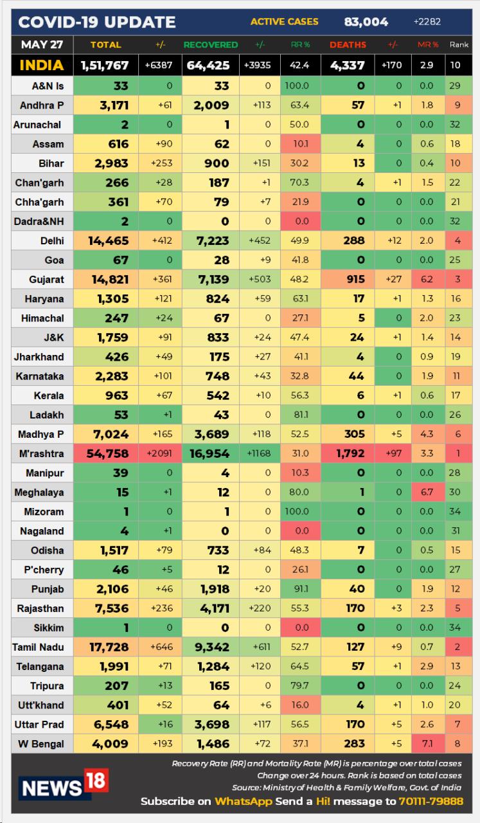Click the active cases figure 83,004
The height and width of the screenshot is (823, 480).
(x=366, y=22)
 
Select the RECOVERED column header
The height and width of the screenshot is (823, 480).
(x=210, y=45)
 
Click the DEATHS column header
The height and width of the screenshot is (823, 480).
(x=348, y=45)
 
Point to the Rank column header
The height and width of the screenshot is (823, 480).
(x=459, y=45)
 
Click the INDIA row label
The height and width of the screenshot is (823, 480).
(x=41, y=65)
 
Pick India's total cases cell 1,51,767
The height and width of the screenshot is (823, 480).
(x=105, y=66)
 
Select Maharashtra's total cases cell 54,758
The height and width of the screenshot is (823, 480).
(x=105, y=454)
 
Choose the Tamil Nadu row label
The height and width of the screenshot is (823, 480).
(x=38, y=647)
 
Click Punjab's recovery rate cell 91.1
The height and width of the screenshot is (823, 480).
(x=300, y=589)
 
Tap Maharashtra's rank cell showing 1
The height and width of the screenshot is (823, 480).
(x=458, y=454)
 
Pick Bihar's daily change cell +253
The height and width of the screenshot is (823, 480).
(x=161, y=163)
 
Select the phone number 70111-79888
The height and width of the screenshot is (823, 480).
(x=430, y=802)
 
